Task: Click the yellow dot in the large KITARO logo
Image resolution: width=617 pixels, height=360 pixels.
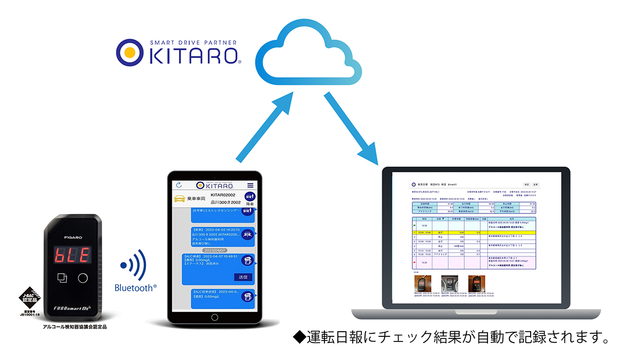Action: (x=131, y=52)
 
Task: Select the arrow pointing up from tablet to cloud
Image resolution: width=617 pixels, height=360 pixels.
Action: (x=265, y=129)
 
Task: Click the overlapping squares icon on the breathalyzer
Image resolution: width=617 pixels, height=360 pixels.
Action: (x=62, y=278)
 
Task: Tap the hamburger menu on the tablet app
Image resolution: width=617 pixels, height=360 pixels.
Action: (x=250, y=185)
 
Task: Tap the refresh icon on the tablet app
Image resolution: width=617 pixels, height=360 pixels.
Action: (x=179, y=185)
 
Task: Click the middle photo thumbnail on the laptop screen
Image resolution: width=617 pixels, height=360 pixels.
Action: (x=450, y=283)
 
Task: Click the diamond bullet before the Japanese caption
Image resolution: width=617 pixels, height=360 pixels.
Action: (x=299, y=338)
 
